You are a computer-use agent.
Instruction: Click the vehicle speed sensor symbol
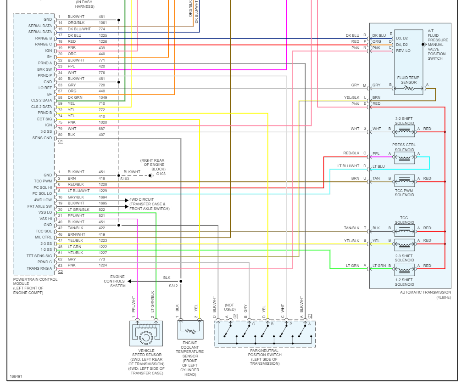[146, 334]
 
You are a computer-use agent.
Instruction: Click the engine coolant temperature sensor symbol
[190, 330]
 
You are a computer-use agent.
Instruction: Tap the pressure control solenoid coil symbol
[405, 158]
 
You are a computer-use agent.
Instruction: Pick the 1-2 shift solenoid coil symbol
[405, 270]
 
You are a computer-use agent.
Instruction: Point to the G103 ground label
[161, 174]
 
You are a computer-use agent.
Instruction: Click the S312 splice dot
[181, 281]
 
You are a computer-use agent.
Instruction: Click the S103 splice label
[124, 179]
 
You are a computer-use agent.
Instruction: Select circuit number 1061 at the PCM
[103, 23]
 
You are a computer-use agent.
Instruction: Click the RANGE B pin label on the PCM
[44, 38]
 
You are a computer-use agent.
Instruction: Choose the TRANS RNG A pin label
[39, 268]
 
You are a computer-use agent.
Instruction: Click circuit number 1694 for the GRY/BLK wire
[103, 197]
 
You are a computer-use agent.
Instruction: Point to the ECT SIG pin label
[44, 119]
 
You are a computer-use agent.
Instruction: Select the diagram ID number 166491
[16, 376]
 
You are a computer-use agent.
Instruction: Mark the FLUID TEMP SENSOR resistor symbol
[409, 88]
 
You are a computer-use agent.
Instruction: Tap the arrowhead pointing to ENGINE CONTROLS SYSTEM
[129, 281]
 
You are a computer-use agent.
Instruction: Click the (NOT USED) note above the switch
[230, 307]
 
